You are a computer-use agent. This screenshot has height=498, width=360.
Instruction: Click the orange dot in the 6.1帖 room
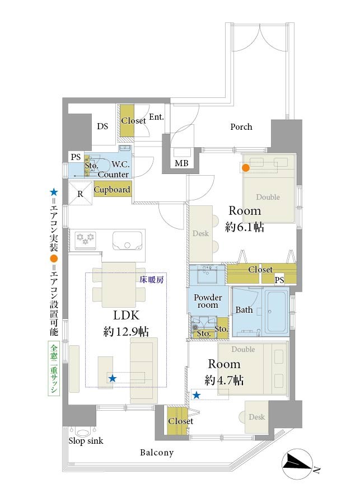coord(246,168)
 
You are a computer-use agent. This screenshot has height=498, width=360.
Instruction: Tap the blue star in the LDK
coord(112,378)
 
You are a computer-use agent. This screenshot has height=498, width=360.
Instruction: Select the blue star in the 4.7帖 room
coord(197,395)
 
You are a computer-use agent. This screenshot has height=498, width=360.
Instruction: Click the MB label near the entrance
coord(181,163)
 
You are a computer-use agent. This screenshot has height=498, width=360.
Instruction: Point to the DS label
coord(102,126)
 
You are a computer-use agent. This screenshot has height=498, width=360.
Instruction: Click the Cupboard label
coord(112,190)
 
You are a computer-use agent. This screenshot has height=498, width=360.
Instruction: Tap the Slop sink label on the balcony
coord(86,441)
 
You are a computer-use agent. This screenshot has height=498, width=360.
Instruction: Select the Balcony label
coord(157,452)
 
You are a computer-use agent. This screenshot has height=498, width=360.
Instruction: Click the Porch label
coord(241,126)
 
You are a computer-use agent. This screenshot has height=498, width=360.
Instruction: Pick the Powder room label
coord(208,301)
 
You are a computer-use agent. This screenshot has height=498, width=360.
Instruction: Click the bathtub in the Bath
coord(277,311)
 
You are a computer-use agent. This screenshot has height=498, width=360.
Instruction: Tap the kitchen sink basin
coord(127,241)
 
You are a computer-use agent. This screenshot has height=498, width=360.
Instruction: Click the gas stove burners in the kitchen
coord(86,239)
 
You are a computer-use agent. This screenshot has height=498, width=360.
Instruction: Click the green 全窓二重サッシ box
coord(54,368)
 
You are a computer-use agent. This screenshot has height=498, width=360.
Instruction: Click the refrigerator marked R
coord(81,194)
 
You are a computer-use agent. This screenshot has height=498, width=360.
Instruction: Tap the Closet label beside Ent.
coord(133,120)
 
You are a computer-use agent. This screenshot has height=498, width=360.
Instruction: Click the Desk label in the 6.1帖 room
coord(200,233)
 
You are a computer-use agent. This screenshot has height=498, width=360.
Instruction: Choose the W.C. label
coord(120,165)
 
